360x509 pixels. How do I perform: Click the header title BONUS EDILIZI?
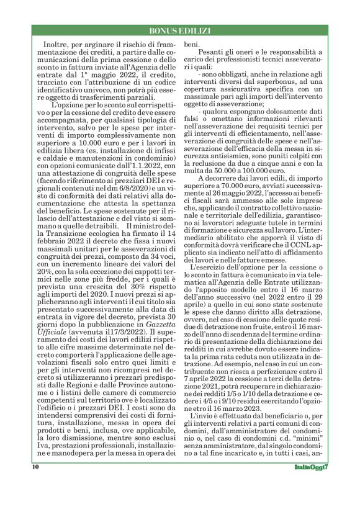(x=180, y=30)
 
